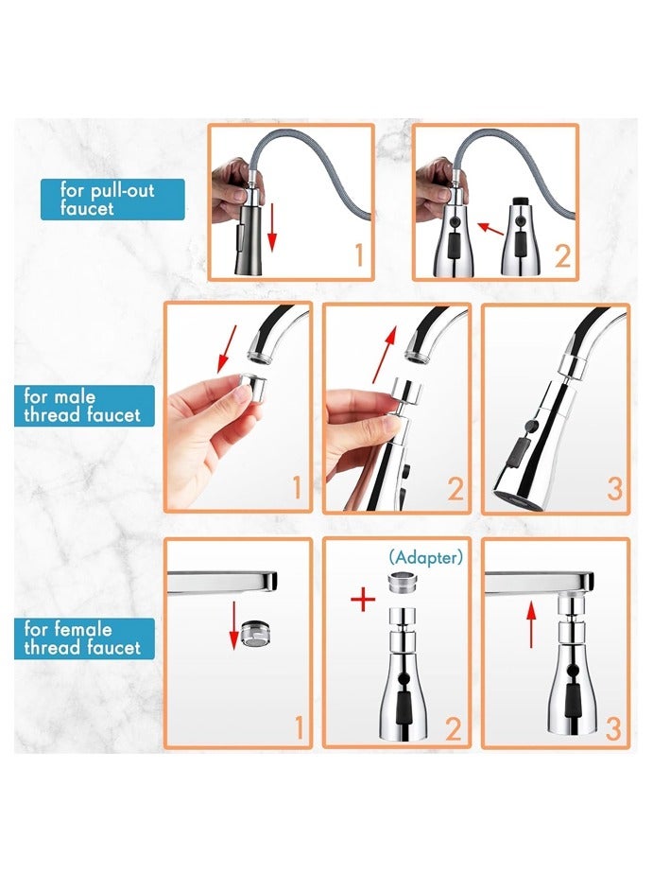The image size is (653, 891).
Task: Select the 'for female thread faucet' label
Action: coord(84,638)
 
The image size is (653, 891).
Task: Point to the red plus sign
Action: coord(362,600)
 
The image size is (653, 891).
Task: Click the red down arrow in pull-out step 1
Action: coord(273,227)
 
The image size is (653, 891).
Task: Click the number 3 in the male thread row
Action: coord(614,488)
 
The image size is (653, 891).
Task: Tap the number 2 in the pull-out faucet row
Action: coord(563,255)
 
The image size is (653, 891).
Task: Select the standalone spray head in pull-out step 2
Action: coord(518,236)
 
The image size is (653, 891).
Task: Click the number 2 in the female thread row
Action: coord(455,728)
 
